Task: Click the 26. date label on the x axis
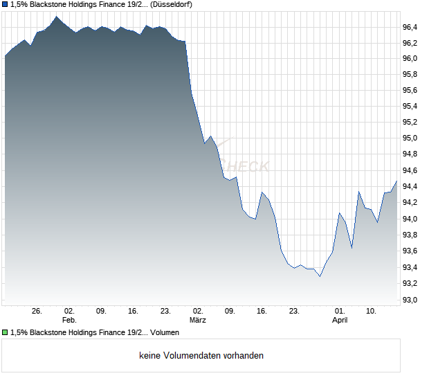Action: click(37, 311)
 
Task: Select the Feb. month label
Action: click(69, 320)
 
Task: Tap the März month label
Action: click(197, 320)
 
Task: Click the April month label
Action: click(340, 320)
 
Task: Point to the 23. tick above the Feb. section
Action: click(165, 311)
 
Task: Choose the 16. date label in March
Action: click(262, 311)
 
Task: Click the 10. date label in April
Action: click(372, 311)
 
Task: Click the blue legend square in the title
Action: click(5, 5)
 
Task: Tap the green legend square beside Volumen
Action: click(5, 333)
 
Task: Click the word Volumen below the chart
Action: click(165, 333)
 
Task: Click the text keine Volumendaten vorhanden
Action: click(201, 356)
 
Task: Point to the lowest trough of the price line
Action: click(320, 276)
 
